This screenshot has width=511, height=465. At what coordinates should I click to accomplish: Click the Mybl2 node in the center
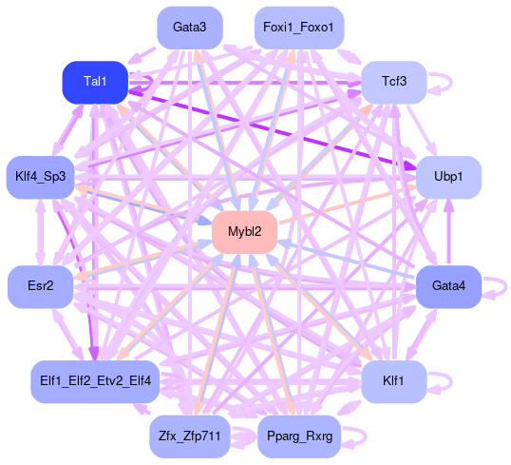click(244, 232)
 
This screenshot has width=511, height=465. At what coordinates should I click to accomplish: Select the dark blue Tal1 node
click(95, 82)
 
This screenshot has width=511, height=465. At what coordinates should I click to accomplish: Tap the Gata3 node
click(190, 28)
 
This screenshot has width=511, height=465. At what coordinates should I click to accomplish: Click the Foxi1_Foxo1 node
click(299, 28)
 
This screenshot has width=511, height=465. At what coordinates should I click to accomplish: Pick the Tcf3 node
click(394, 82)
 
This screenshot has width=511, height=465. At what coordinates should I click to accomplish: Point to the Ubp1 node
click(448, 177)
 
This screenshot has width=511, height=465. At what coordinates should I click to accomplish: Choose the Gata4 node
click(448, 286)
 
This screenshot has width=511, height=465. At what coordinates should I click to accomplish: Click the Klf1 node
click(394, 381)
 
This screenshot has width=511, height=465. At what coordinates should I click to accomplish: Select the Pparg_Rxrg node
click(299, 436)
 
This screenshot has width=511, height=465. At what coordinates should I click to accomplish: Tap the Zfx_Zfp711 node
click(190, 436)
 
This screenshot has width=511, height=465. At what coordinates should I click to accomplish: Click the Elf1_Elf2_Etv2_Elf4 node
click(95, 381)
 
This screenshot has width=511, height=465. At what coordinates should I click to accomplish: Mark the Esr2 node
click(41, 286)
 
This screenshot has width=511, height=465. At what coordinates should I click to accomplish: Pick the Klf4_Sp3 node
click(41, 177)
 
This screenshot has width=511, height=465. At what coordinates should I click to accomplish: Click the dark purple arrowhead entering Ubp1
click(409, 166)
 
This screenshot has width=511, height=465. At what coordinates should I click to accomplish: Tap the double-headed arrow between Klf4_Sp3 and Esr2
click(41, 232)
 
